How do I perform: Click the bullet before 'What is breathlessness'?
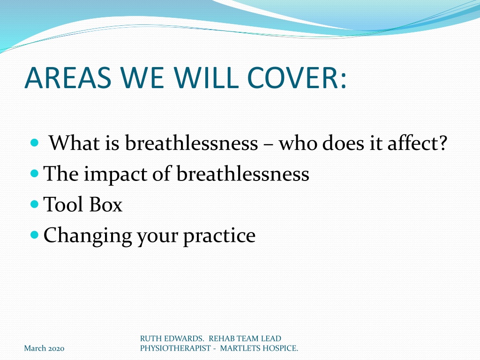(35, 142)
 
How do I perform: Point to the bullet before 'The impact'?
(35, 173)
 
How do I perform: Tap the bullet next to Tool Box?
(35, 204)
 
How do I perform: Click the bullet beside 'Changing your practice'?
(35, 235)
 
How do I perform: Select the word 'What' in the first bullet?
(75, 142)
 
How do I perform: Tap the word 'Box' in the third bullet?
(106, 204)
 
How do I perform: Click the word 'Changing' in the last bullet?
(88, 237)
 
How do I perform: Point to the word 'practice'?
(219, 237)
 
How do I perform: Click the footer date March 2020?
(44, 348)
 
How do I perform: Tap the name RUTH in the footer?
(149, 338)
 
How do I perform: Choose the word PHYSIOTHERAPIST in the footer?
(175, 348)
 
